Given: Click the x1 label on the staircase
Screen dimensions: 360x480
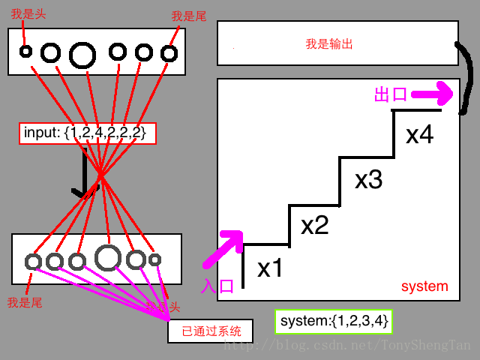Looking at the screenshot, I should pos(270,268).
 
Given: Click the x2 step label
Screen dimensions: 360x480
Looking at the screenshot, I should pos(315,225).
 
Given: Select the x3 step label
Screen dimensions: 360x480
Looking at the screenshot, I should pos(368,180).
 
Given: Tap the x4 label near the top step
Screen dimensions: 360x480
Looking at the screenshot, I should pos(419,135).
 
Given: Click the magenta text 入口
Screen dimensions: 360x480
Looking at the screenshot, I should pos(218,286).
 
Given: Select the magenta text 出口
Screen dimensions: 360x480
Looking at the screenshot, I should pos(390,94).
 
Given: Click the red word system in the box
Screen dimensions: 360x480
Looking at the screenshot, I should pos(424,286).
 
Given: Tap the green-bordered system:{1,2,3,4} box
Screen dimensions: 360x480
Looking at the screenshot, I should pos(334,321).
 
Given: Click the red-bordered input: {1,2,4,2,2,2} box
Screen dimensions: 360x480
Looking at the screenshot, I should pos(87,133).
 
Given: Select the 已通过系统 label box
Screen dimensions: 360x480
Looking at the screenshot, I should pos(210,331).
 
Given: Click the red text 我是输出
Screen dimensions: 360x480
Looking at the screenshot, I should pos(328,44).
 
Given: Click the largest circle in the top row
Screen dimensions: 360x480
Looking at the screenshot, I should pos(82,53).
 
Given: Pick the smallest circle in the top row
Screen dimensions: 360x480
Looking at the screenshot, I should pos(25,51).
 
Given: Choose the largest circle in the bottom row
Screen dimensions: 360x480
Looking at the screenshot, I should pos(108,257).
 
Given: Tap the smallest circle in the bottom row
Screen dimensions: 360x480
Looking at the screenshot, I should pos(154,259).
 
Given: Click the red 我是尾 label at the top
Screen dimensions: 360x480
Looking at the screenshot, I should pos(188,16).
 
